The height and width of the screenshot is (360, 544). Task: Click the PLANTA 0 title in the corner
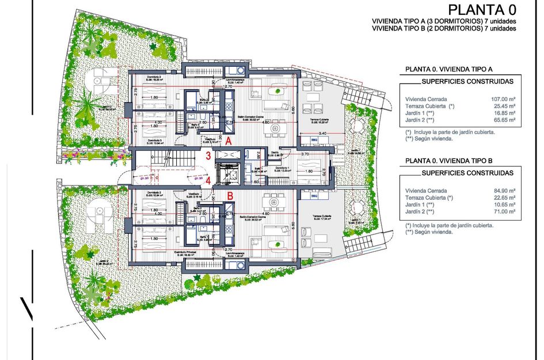tap(482, 10)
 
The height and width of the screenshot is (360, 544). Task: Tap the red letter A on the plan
tap(229, 140)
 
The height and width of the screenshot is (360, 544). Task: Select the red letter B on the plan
tap(230, 196)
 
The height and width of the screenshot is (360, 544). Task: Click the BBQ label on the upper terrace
tap(314, 139)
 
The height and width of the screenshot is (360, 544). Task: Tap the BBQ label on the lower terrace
tap(314, 196)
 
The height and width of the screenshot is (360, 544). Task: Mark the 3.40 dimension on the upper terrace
tap(323, 134)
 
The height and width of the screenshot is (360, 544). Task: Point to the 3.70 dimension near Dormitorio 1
tap(306, 154)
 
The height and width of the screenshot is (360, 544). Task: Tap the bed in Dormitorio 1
tap(308, 171)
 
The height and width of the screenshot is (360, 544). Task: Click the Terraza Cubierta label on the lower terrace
tap(321, 217)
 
